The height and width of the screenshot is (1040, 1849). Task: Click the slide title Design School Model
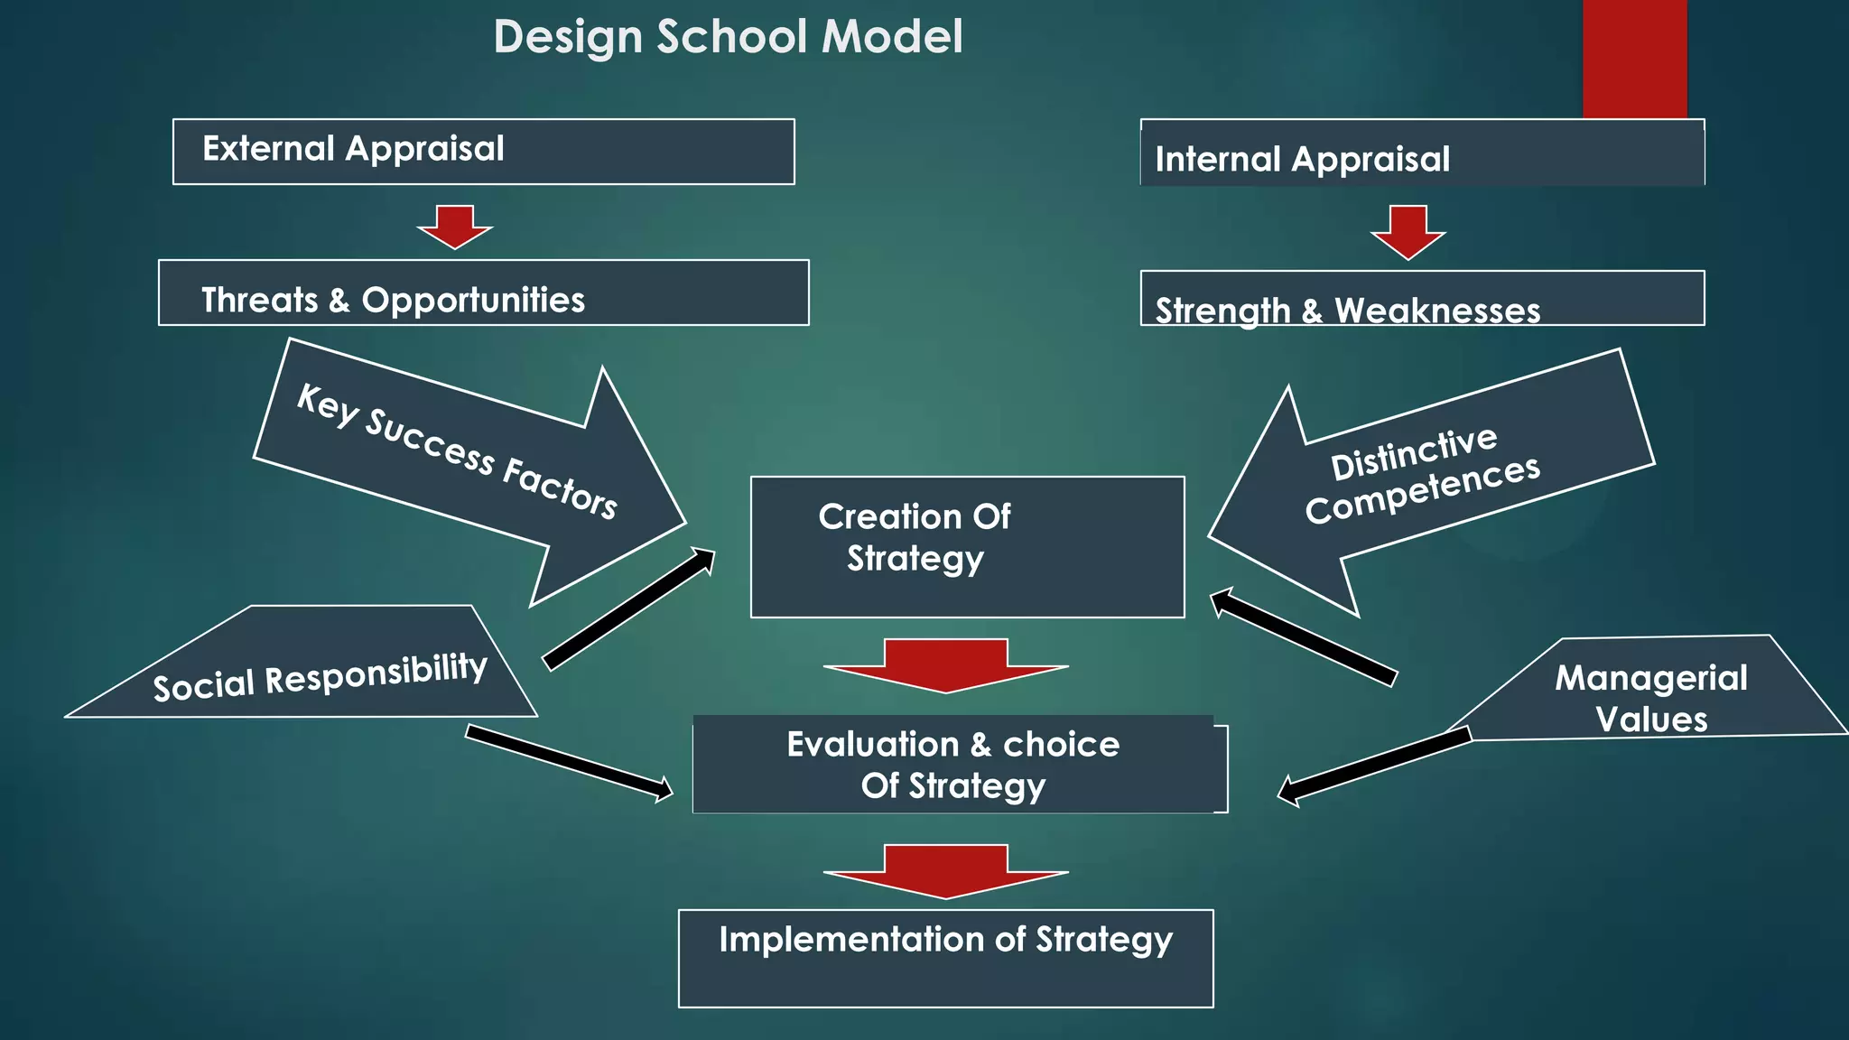pyautogui.click(x=728, y=38)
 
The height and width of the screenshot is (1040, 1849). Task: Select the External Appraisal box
pyautogui.click(x=483, y=152)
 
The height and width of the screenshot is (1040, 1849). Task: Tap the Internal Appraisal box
pyautogui.click(x=1422, y=153)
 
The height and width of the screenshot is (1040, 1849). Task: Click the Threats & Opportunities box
pyautogui.click(x=483, y=293)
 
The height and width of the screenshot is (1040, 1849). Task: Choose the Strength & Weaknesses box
pyautogui.click(x=1422, y=300)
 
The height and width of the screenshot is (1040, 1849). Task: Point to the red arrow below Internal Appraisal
pyautogui.click(x=1408, y=232)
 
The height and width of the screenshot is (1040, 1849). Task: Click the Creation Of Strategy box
pyautogui.click(x=967, y=547)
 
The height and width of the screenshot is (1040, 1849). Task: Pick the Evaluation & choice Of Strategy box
pyautogui.click(x=957, y=766)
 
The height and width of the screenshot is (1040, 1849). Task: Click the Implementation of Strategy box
pyautogui.click(x=945, y=959)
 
